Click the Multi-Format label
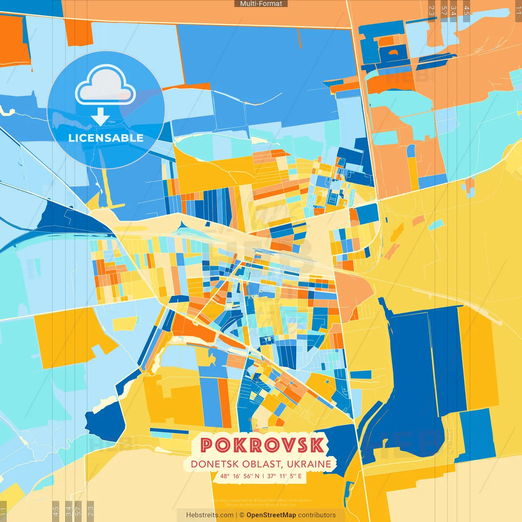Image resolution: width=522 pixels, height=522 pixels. point(261,4)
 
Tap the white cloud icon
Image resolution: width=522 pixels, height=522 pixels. point(106,86)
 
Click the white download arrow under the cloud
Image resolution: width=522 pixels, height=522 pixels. point(100,116)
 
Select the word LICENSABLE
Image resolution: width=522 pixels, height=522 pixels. point(106,138)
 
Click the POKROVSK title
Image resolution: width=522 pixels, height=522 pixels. point(263,445)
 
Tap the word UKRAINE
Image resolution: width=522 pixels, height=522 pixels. point(309,464)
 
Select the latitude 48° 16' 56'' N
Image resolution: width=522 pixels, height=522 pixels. point(240,476)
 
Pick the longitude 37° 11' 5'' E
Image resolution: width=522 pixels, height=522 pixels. point(285,476)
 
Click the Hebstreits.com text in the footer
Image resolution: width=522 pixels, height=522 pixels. point(210,515)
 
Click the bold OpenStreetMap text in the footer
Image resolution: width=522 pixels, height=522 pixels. point(271,515)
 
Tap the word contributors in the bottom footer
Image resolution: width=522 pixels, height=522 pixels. point(317,515)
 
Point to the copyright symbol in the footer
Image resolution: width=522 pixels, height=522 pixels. point(242,515)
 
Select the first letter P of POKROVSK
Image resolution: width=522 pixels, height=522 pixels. point(207,445)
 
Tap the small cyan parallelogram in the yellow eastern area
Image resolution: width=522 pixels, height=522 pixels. point(436,225)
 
